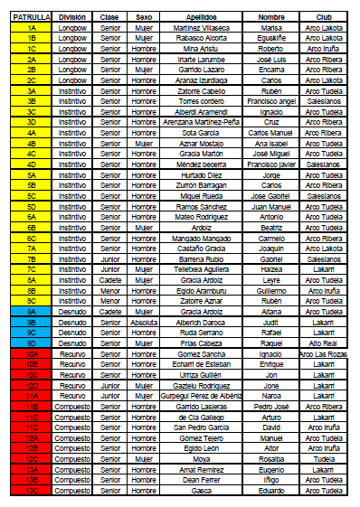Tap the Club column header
(323, 16)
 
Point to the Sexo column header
(143, 16)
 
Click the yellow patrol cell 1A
(32, 27)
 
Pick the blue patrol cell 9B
(32, 321)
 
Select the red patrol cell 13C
(32, 491)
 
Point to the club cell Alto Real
(323, 343)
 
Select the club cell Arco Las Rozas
(323, 353)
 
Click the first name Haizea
(270, 268)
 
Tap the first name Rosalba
(270, 458)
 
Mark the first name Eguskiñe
(270, 38)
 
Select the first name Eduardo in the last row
(270, 491)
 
